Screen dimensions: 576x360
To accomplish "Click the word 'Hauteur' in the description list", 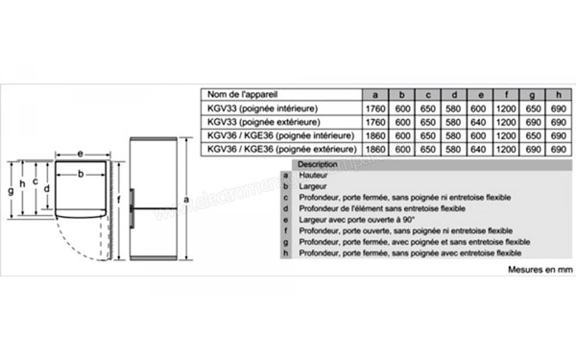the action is click(315, 176).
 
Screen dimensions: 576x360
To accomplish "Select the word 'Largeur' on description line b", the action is click(314, 186).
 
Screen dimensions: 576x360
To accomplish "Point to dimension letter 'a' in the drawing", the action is click(183, 200).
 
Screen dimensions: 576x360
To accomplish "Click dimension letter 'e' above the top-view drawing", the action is click(80, 154).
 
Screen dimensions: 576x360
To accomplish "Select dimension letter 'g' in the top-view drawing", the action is click(10, 191).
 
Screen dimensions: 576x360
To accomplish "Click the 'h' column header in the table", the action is click(554, 94).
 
